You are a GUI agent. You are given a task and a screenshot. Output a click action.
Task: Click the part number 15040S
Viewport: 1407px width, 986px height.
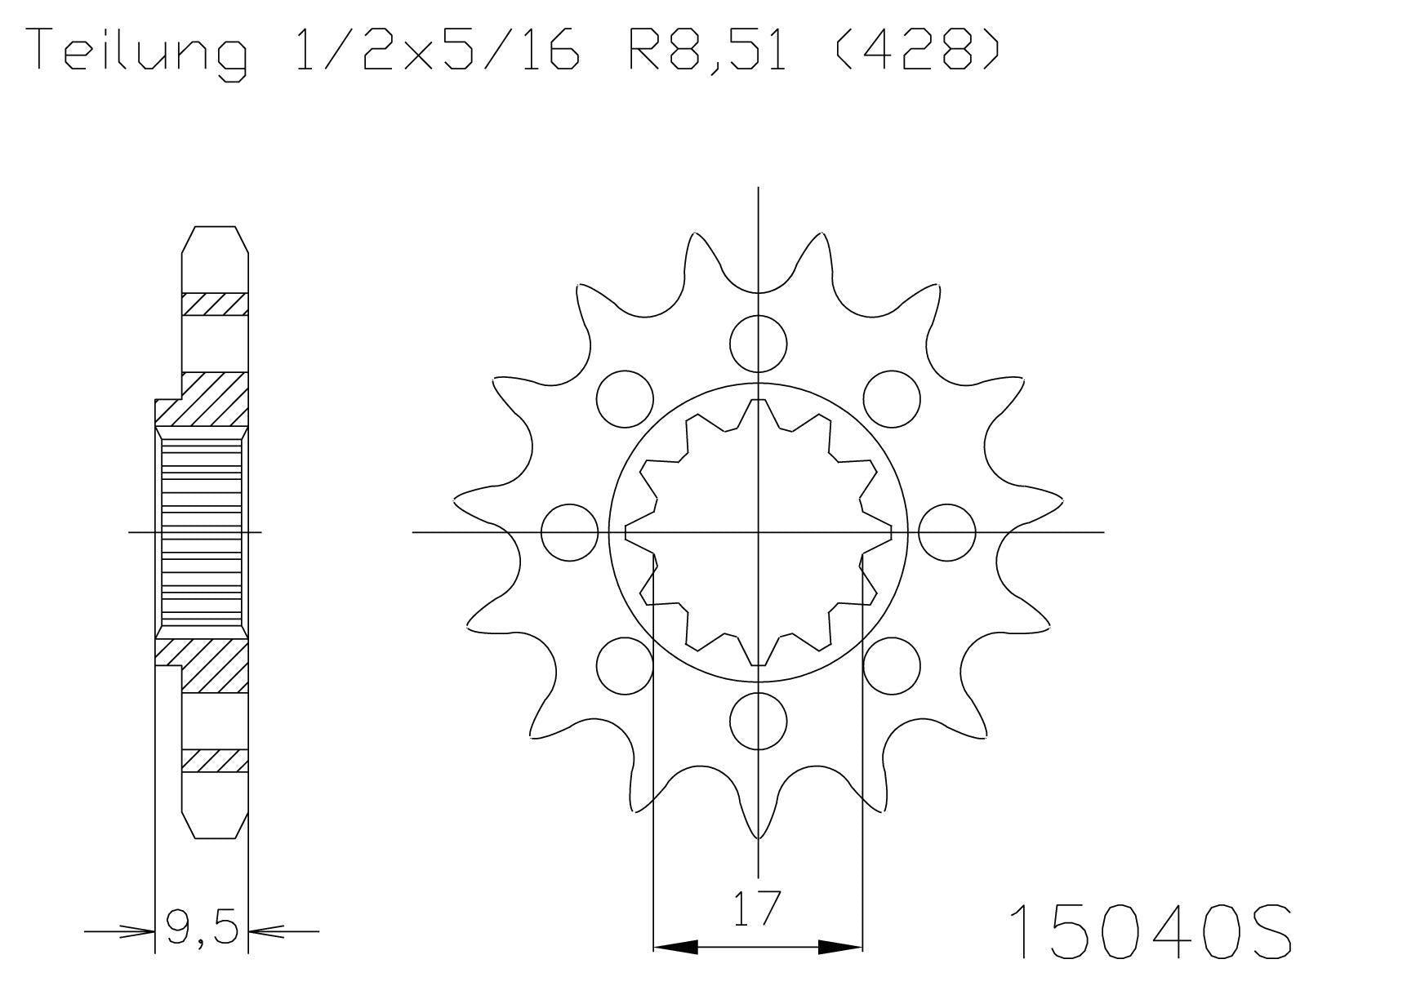click(1151, 931)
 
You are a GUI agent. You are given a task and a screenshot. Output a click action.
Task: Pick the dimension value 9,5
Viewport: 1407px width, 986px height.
click(202, 927)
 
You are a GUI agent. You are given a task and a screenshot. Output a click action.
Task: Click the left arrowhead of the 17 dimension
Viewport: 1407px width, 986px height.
click(675, 947)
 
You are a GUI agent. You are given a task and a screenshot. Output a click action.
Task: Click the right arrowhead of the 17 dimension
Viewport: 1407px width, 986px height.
click(840, 947)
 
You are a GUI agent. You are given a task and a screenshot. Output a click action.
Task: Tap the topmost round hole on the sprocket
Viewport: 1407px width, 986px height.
click(758, 343)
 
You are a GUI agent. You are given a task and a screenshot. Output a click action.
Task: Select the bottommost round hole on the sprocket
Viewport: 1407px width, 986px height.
click(758, 722)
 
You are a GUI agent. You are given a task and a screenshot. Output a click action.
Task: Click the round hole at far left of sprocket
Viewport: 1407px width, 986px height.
click(570, 532)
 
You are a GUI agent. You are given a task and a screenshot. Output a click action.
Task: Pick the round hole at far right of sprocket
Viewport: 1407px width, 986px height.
click(946, 532)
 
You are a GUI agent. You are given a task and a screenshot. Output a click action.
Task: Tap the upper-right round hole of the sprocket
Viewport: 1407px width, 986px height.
click(892, 398)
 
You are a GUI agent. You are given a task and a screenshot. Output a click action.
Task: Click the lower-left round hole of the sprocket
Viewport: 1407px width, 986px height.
click(625, 666)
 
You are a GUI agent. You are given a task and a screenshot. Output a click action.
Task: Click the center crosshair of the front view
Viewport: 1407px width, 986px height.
click(758, 532)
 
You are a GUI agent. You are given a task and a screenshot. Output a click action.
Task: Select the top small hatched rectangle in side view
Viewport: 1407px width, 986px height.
click(214, 304)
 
